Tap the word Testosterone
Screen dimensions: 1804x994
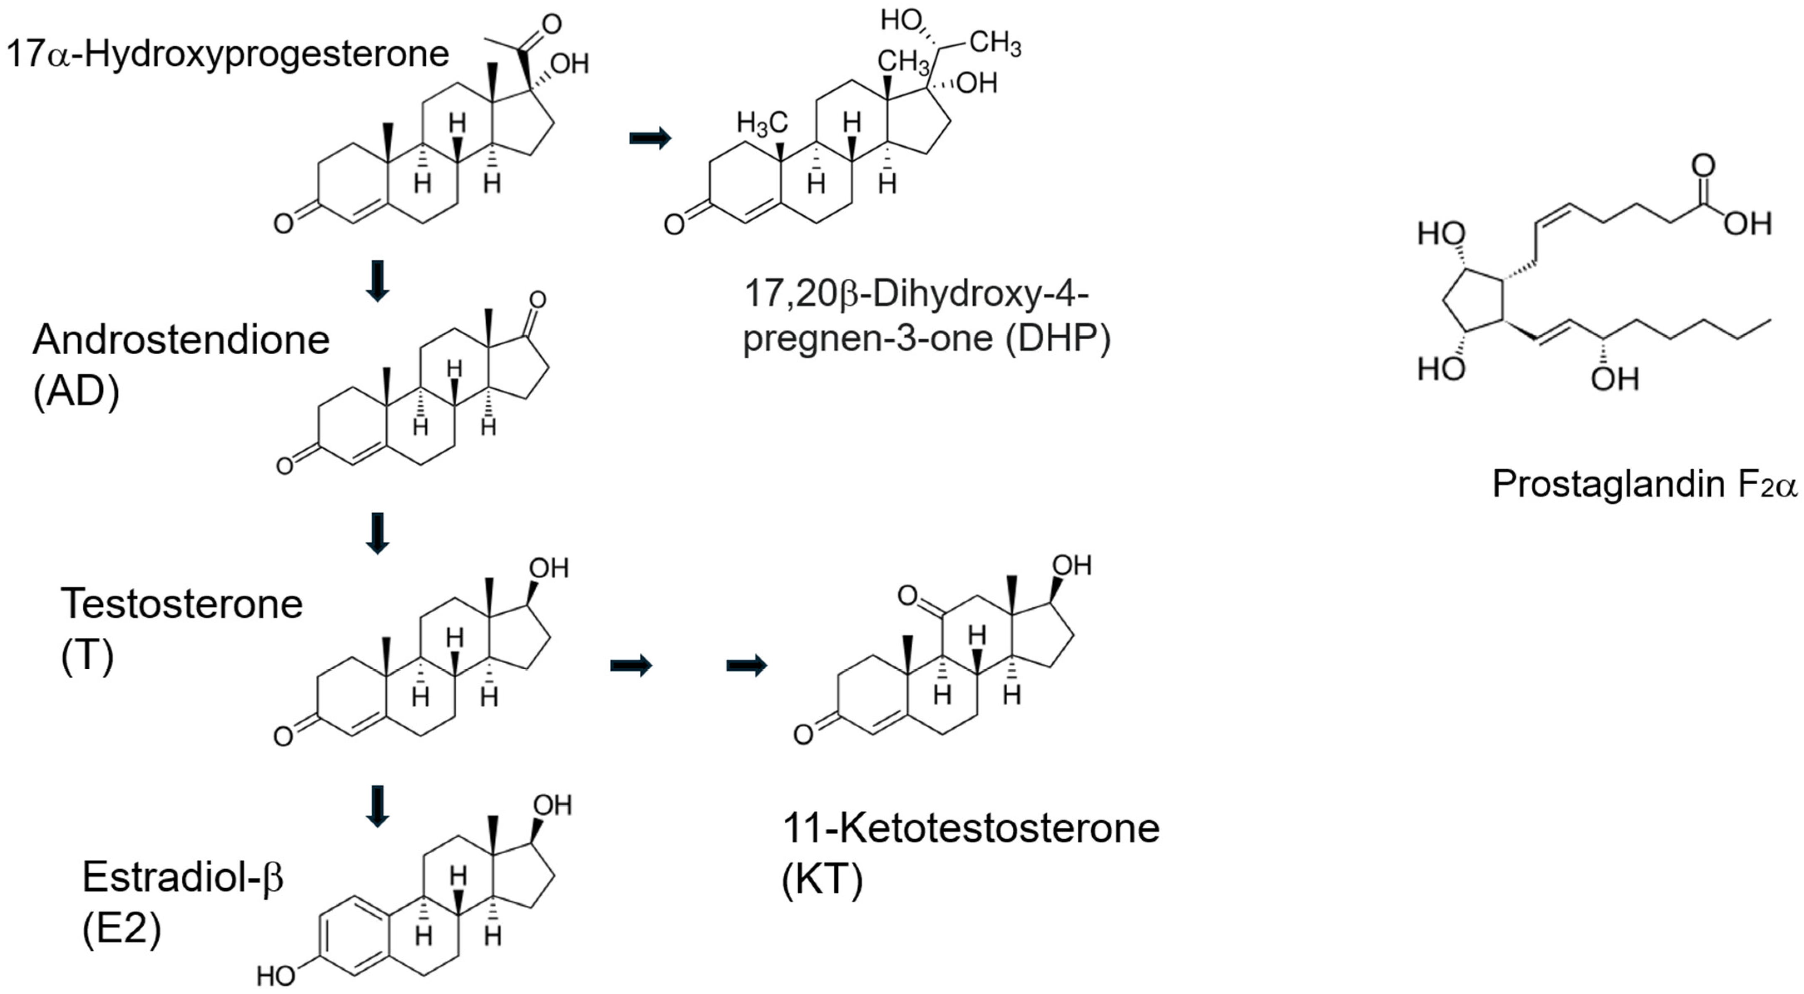click(181, 604)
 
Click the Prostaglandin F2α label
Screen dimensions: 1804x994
click(1644, 484)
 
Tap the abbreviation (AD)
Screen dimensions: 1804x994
click(76, 392)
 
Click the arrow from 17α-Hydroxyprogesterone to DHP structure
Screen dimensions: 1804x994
click(650, 138)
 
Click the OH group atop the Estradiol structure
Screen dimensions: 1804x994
click(552, 805)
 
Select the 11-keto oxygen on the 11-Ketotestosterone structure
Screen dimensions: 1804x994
click(907, 596)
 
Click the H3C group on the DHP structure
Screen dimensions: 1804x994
click(762, 124)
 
